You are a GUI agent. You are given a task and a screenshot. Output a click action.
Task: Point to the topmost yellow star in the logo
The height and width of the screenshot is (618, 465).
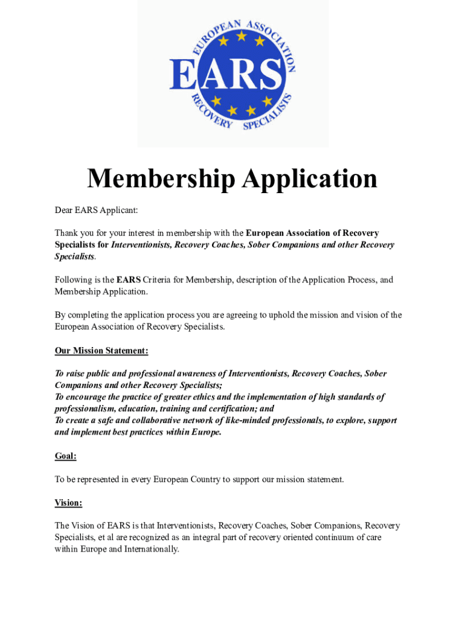241,37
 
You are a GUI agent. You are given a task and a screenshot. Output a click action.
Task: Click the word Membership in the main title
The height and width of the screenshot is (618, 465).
160,179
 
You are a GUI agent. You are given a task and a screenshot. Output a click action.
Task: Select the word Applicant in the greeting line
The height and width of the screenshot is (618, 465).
117,210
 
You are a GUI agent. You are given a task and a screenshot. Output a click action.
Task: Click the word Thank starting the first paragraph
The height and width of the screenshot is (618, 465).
66,233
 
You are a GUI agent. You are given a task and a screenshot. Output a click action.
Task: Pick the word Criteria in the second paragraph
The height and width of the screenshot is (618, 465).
163,280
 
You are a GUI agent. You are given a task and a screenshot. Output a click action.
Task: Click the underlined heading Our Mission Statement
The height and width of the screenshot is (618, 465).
101,351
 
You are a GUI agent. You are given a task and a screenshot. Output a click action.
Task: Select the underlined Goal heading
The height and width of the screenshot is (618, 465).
65,456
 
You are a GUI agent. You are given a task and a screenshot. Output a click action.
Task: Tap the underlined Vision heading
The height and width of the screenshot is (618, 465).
68,503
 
